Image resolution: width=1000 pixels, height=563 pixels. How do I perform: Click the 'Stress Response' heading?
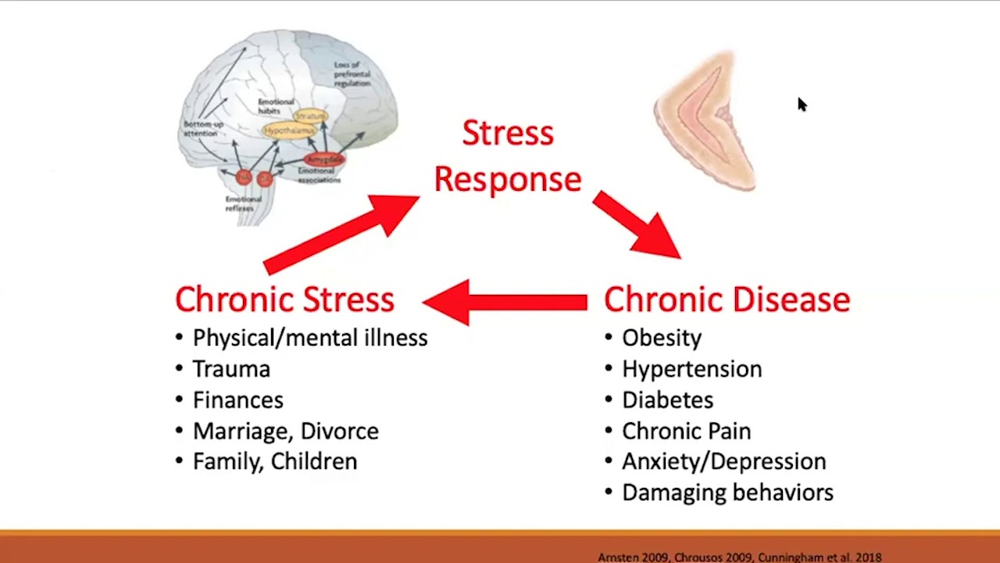508,156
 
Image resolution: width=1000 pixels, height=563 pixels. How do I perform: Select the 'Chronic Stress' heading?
284,299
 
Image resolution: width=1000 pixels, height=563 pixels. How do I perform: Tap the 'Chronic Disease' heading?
727,299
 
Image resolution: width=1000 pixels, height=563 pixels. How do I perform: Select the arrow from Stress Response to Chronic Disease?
636,225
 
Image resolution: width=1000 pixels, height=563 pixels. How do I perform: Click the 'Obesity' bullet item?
661,338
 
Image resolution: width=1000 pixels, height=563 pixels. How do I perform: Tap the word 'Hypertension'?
691,369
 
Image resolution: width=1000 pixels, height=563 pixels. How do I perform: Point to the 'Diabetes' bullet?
667,400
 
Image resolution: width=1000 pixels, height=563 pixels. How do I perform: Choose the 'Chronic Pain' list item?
686,431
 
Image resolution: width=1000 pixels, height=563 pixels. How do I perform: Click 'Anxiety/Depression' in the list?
723,461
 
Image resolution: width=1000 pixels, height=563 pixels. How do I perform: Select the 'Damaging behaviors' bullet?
727,493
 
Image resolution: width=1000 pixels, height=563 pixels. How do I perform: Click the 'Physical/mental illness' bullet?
309,338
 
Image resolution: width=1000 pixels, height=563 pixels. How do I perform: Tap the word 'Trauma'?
231,369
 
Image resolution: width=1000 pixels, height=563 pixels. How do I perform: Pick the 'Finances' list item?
237,400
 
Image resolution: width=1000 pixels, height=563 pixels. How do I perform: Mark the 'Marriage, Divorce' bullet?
285,431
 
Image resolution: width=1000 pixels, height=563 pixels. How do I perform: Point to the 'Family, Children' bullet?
274,461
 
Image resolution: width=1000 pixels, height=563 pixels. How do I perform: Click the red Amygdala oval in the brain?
323,160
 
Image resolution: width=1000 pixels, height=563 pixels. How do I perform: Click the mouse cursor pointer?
802,105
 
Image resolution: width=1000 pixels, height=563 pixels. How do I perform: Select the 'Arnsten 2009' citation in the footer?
633,558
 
